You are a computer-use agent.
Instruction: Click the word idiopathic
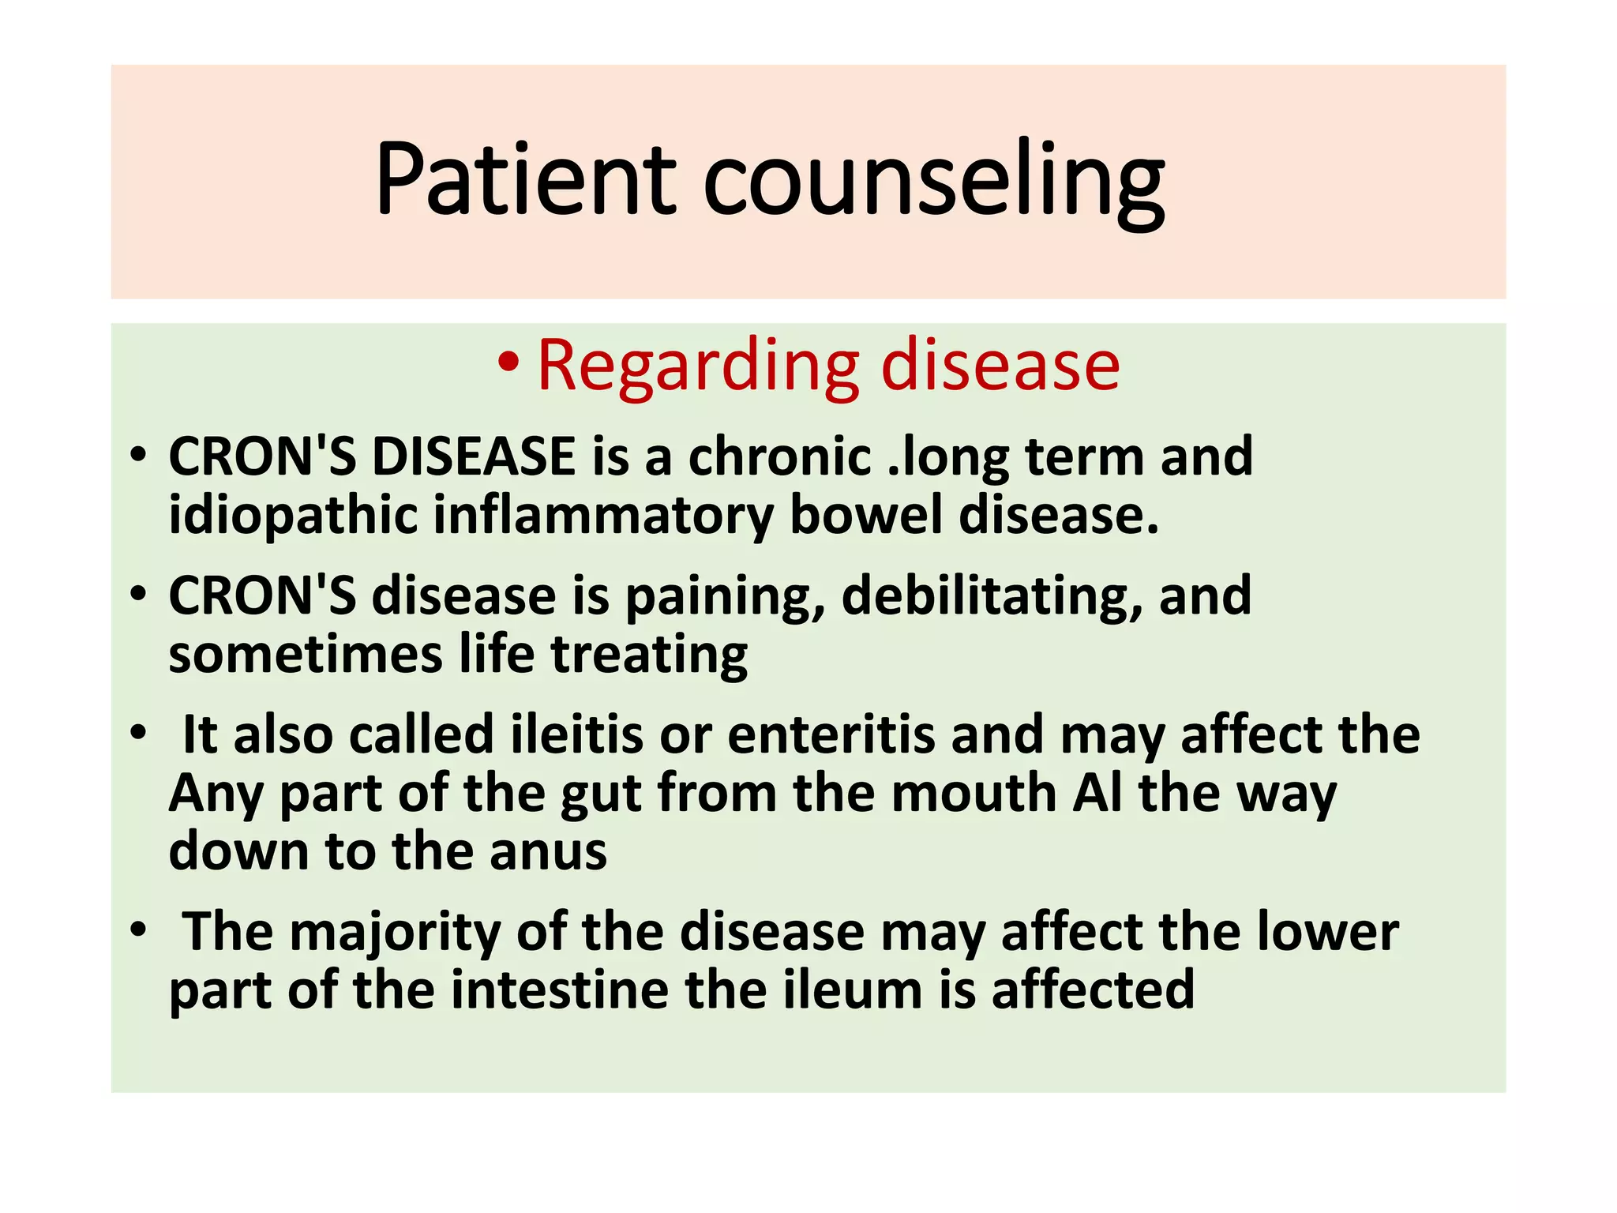[293, 516]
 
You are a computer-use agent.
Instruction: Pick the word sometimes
[306, 655]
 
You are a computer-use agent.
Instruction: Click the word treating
[649, 656]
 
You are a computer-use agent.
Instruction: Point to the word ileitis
[577, 734]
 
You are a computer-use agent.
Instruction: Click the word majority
[396, 933]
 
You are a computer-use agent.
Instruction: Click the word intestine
[560, 990]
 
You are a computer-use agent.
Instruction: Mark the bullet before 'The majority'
[139, 929]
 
